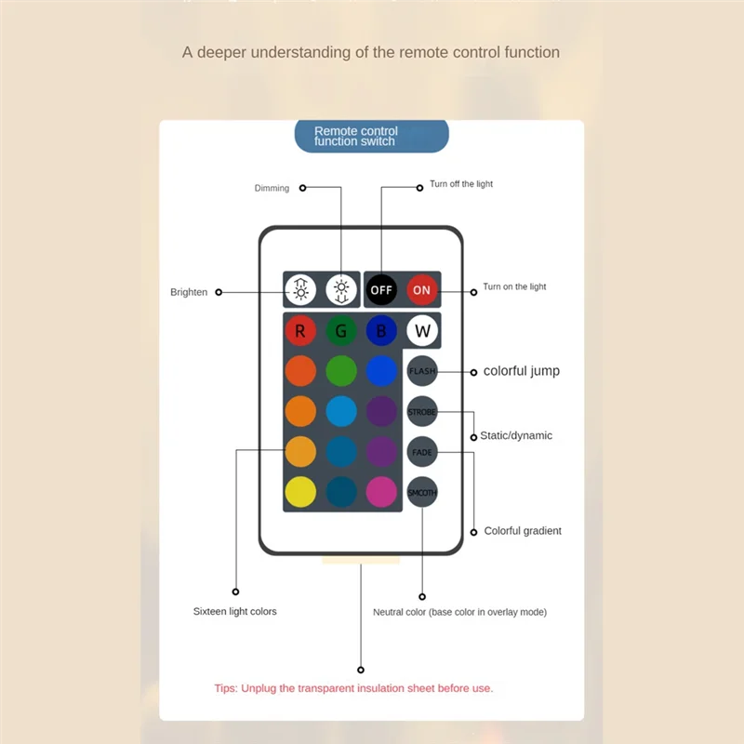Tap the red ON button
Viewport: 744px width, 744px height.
[x=421, y=290]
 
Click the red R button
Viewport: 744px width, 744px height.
[x=299, y=330]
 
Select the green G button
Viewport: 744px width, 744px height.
[x=341, y=330]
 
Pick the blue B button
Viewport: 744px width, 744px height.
[x=381, y=330]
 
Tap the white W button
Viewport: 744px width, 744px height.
[x=422, y=330]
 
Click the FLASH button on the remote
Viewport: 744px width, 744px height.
[x=421, y=371]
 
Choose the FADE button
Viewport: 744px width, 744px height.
[x=421, y=452]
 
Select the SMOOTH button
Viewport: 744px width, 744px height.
[x=421, y=492]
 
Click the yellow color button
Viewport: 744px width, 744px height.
[x=299, y=492]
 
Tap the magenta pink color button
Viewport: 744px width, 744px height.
[x=381, y=492]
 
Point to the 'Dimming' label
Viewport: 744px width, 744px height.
[x=272, y=188]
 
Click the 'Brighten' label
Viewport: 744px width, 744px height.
[x=189, y=292]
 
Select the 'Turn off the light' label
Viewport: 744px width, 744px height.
[x=461, y=184]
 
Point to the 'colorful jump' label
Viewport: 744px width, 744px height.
[x=521, y=371]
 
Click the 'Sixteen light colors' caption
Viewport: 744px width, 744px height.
[x=234, y=611]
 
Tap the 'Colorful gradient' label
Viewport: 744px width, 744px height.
[x=523, y=531]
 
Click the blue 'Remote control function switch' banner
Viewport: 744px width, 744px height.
[x=371, y=136]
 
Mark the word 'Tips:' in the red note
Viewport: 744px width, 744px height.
[x=227, y=688]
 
